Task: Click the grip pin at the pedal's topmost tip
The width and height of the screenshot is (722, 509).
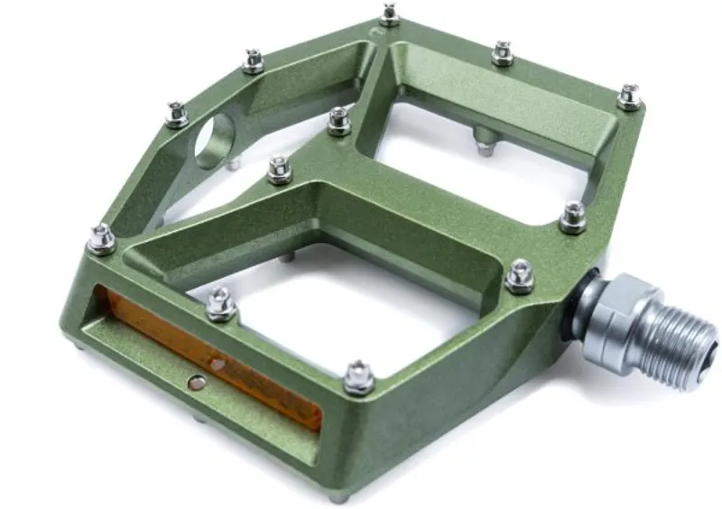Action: (389, 14)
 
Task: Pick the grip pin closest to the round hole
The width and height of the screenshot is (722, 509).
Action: (176, 113)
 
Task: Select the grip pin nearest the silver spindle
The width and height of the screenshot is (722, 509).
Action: (520, 275)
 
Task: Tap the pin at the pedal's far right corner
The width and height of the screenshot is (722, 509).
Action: (629, 96)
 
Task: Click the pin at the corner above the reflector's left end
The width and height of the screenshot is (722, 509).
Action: (101, 238)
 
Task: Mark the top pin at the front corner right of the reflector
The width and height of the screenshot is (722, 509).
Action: (358, 376)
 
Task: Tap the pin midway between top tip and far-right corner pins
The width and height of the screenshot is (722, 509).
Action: (503, 52)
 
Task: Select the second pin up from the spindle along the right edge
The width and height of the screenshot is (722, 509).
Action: (572, 216)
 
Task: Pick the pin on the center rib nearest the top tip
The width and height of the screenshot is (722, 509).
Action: (338, 121)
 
